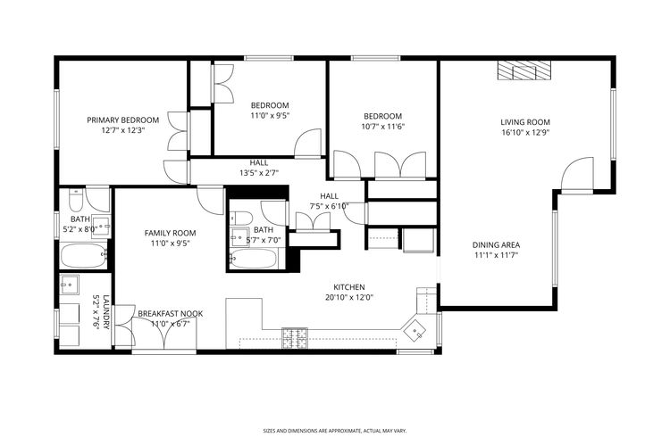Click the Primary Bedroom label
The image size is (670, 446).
[122, 120]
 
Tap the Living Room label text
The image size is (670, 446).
[524, 122]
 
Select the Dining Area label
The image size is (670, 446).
[496, 244]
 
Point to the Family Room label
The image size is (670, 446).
[170, 233]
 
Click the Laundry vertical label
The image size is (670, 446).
[105, 312]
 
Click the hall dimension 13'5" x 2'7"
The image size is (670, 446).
[259, 173]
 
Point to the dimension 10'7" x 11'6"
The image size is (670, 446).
[381, 127]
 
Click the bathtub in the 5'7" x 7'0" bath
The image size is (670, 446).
[255, 260]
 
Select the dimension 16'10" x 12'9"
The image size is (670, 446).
[524, 133]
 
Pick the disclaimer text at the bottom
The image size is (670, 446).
[334, 429]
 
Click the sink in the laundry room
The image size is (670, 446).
[70, 285]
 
